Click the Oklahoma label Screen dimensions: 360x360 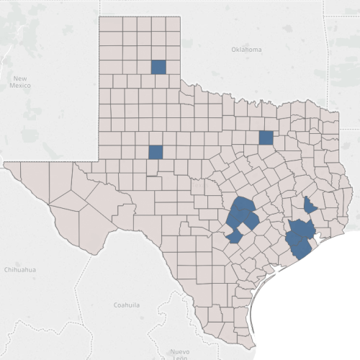[x=247, y=49]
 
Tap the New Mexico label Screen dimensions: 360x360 [x=19, y=81]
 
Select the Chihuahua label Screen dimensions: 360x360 [x=19, y=269]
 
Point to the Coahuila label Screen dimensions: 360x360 [x=127, y=305]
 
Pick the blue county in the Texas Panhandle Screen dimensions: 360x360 [x=158, y=67]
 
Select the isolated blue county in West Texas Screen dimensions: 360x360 [x=155, y=152]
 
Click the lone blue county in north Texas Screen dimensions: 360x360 [x=266, y=138]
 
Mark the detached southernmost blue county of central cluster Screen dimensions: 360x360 [x=235, y=236]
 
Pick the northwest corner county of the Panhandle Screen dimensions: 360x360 [x=107, y=24]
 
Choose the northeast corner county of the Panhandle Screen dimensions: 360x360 [x=173, y=24]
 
